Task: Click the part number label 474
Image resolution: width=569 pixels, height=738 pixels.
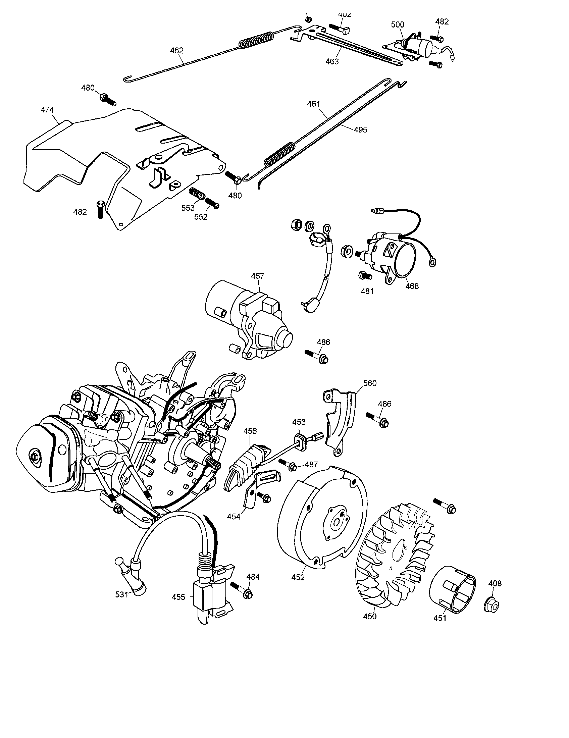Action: pos(47,110)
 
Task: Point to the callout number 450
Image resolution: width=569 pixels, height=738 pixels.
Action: pos(370,617)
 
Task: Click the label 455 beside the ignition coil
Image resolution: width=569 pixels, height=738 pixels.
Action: pos(178,597)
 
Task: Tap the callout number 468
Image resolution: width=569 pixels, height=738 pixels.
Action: pos(412,286)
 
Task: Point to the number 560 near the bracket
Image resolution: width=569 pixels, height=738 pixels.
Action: pos(370,383)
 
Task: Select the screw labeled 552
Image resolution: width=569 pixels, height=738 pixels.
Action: pos(212,203)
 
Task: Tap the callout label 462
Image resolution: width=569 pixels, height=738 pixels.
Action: pos(177,51)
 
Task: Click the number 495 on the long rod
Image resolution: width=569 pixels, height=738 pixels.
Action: pos(360,130)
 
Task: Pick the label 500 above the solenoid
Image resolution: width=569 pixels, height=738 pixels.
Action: pos(398,25)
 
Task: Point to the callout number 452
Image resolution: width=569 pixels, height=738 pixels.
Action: pos(298,578)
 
